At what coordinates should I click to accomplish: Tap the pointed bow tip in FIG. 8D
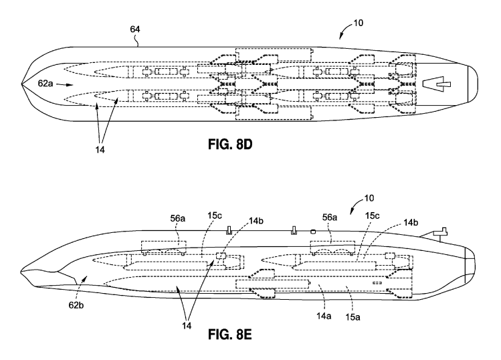(x=23, y=85)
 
